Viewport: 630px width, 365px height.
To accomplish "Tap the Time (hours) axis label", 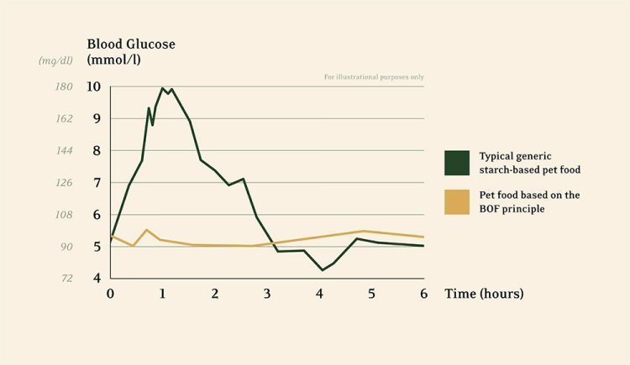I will pos(485,294).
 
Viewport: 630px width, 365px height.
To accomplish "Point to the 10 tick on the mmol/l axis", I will pos(93,86).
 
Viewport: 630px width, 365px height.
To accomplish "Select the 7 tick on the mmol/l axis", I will pos(97,182).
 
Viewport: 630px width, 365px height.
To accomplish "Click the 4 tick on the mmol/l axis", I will pos(97,279).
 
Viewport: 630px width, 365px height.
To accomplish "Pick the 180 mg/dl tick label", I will pos(62,86).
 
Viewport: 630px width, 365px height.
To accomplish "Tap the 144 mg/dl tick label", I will pos(62,150).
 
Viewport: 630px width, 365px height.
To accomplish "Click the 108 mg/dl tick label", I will pos(62,215).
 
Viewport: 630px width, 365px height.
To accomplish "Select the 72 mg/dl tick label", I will pos(66,279).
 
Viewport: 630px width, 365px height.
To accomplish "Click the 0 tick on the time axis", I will pos(110,294).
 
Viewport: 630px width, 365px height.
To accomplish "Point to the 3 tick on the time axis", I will pos(267,294).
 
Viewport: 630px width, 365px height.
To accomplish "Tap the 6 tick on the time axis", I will pos(424,294).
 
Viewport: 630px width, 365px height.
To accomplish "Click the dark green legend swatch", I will pos(456,163).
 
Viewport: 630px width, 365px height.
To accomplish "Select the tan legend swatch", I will pos(456,201).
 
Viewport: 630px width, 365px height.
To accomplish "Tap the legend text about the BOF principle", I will pos(529,201).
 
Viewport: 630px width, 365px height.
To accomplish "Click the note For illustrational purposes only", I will pos(374,77).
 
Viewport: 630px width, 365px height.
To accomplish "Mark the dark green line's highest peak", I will pos(163,88).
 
